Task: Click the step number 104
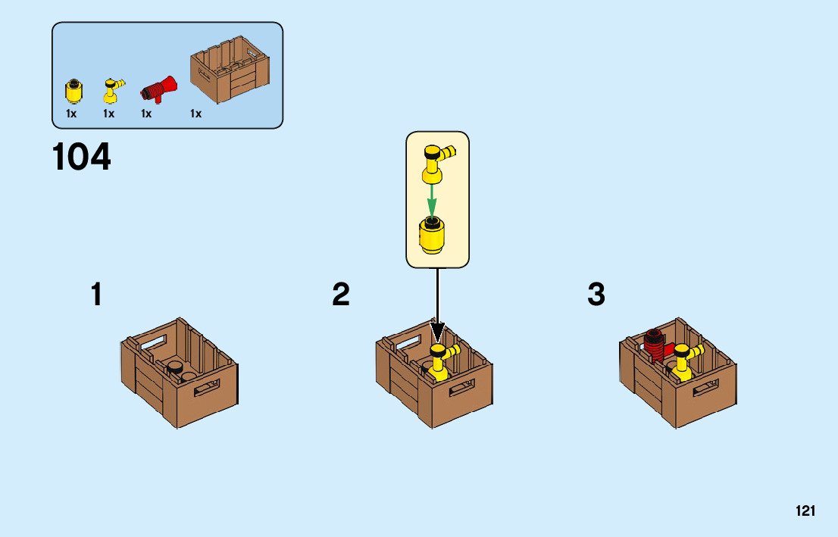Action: coord(82,158)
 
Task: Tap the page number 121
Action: coord(805,511)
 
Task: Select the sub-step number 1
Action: coord(96,295)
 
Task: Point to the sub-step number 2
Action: coord(341,295)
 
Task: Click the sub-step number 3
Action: coord(596,295)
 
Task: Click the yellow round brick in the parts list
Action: coord(73,92)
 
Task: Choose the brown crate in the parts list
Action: coord(231,72)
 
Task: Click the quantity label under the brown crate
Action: coord(195,114)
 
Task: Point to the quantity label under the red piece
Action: coord(146,114)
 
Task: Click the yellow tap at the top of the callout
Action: coord(436,163)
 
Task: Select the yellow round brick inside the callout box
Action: coord(432,235)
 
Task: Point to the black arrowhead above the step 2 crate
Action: coord(437,333)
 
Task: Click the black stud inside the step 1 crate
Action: coord(174,368)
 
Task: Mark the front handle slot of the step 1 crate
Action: coord(206,391)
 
